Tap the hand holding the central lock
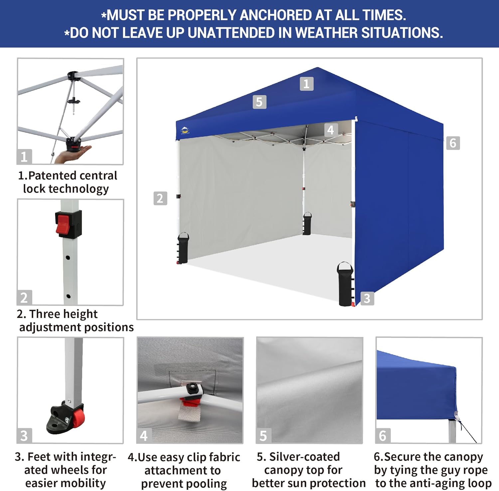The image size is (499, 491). pos(73,153)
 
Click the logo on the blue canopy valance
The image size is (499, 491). pos(185,130)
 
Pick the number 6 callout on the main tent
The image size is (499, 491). pos(453,143)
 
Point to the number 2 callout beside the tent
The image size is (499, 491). pos(160,198)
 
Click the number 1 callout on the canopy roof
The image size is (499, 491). pos(306,84)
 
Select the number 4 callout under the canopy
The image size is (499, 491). pos(331,130)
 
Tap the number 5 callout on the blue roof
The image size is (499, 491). pos(259,102)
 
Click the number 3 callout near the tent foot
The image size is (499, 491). pos(367,298)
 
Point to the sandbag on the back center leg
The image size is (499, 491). pos(307,224)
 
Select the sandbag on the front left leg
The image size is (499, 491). pos(183,248)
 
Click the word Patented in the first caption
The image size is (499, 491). pos(53,175)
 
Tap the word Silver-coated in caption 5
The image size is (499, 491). pos(304,457)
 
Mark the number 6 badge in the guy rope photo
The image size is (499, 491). pos(383,435)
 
